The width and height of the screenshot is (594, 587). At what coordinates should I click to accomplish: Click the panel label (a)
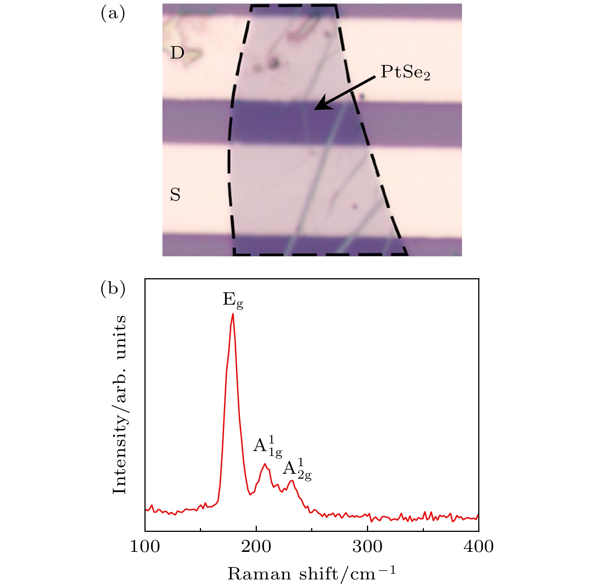point(113,14)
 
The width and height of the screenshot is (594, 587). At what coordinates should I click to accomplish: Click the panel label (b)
point(113,289)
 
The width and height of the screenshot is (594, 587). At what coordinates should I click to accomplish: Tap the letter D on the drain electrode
point(177,53)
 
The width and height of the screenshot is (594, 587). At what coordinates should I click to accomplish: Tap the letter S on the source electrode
point(175,195)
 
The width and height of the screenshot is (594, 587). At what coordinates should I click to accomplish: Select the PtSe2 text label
point(405,72)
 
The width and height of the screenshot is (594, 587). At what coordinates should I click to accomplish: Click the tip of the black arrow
point(315,109)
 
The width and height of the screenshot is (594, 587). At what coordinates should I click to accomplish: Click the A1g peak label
point(267,446)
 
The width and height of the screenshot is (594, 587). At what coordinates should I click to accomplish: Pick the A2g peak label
point(297,470)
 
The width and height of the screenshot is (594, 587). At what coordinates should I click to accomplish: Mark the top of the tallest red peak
point(233,314)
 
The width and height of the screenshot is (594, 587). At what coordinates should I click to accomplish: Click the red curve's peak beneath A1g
point(265,464)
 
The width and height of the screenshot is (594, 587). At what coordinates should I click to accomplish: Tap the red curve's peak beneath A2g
point(291,481)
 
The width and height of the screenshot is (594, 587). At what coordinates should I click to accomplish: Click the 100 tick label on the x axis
point(145,546)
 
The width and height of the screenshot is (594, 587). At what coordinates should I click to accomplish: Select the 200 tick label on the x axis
point(256,546)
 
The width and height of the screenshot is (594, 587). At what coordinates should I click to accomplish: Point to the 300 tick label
point(367,546)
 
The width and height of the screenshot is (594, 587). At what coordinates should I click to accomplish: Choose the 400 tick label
point(479,546)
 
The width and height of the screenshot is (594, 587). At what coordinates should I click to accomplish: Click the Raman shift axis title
point(312,574)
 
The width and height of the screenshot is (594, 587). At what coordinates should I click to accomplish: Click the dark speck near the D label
point(274,62)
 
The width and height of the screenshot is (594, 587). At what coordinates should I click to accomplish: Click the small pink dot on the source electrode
point(354,206)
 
